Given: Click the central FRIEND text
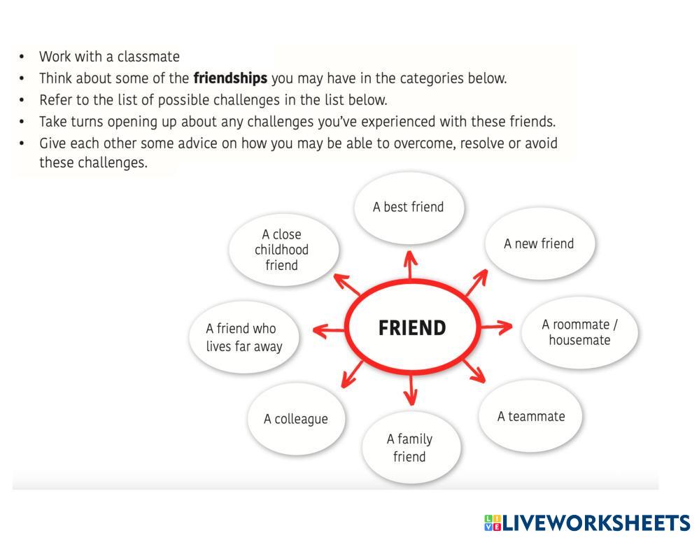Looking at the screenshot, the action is coord(412,327).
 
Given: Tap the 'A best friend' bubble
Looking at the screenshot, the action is coord(409,207).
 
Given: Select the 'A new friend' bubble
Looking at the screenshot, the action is coord(539,244).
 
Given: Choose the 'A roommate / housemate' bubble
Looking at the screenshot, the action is coord(579,333).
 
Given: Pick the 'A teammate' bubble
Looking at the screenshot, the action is coord(531,417).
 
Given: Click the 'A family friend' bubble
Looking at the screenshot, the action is coord(410,448).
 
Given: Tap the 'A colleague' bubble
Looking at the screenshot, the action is coord(296,420).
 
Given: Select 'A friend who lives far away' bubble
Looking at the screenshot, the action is coord(243,336).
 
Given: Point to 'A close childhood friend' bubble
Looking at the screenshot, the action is coord(283,250).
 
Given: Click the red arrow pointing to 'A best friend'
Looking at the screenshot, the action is coord(410,265).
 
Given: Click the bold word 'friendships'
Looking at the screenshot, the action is coord(230,78).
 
